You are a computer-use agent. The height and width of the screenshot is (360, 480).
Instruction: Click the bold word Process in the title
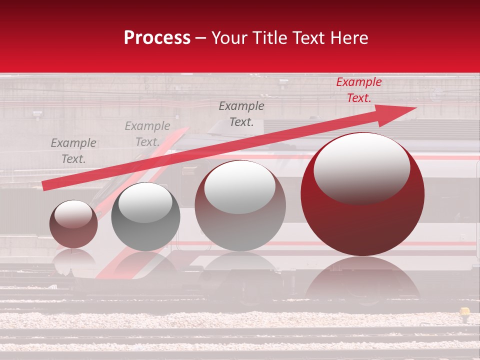pos(157,38)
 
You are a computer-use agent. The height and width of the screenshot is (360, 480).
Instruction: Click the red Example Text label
pos(358,90)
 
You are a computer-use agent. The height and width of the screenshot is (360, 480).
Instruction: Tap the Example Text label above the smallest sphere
pos(73,151)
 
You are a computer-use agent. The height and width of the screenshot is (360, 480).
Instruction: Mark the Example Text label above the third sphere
pos(241,114)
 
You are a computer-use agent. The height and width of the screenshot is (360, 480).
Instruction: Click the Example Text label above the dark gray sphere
pos(147,134)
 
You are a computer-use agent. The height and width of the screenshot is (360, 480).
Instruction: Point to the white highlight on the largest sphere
pos(361,167)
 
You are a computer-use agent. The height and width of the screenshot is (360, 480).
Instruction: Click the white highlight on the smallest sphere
pos(73,213)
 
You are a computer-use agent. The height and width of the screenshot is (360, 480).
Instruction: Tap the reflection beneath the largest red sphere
pos(362,280)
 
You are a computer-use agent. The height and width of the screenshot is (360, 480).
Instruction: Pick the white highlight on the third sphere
pos(239,186)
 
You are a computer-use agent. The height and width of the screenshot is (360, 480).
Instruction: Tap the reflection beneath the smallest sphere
pos(73,260)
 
